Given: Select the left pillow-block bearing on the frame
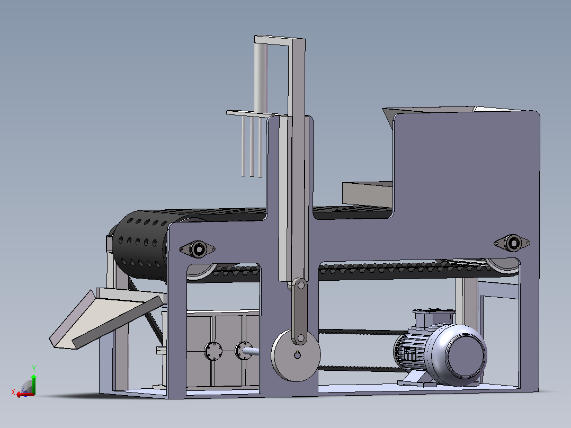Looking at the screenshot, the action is (x=198, y=249).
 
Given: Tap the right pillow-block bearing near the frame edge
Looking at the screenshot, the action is (x=512, y=243).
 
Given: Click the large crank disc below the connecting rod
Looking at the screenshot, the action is (x=296, y=355).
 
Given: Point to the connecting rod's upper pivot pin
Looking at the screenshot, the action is (x=301, y=285).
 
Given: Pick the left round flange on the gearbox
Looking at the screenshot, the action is (x=213, y=351).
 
